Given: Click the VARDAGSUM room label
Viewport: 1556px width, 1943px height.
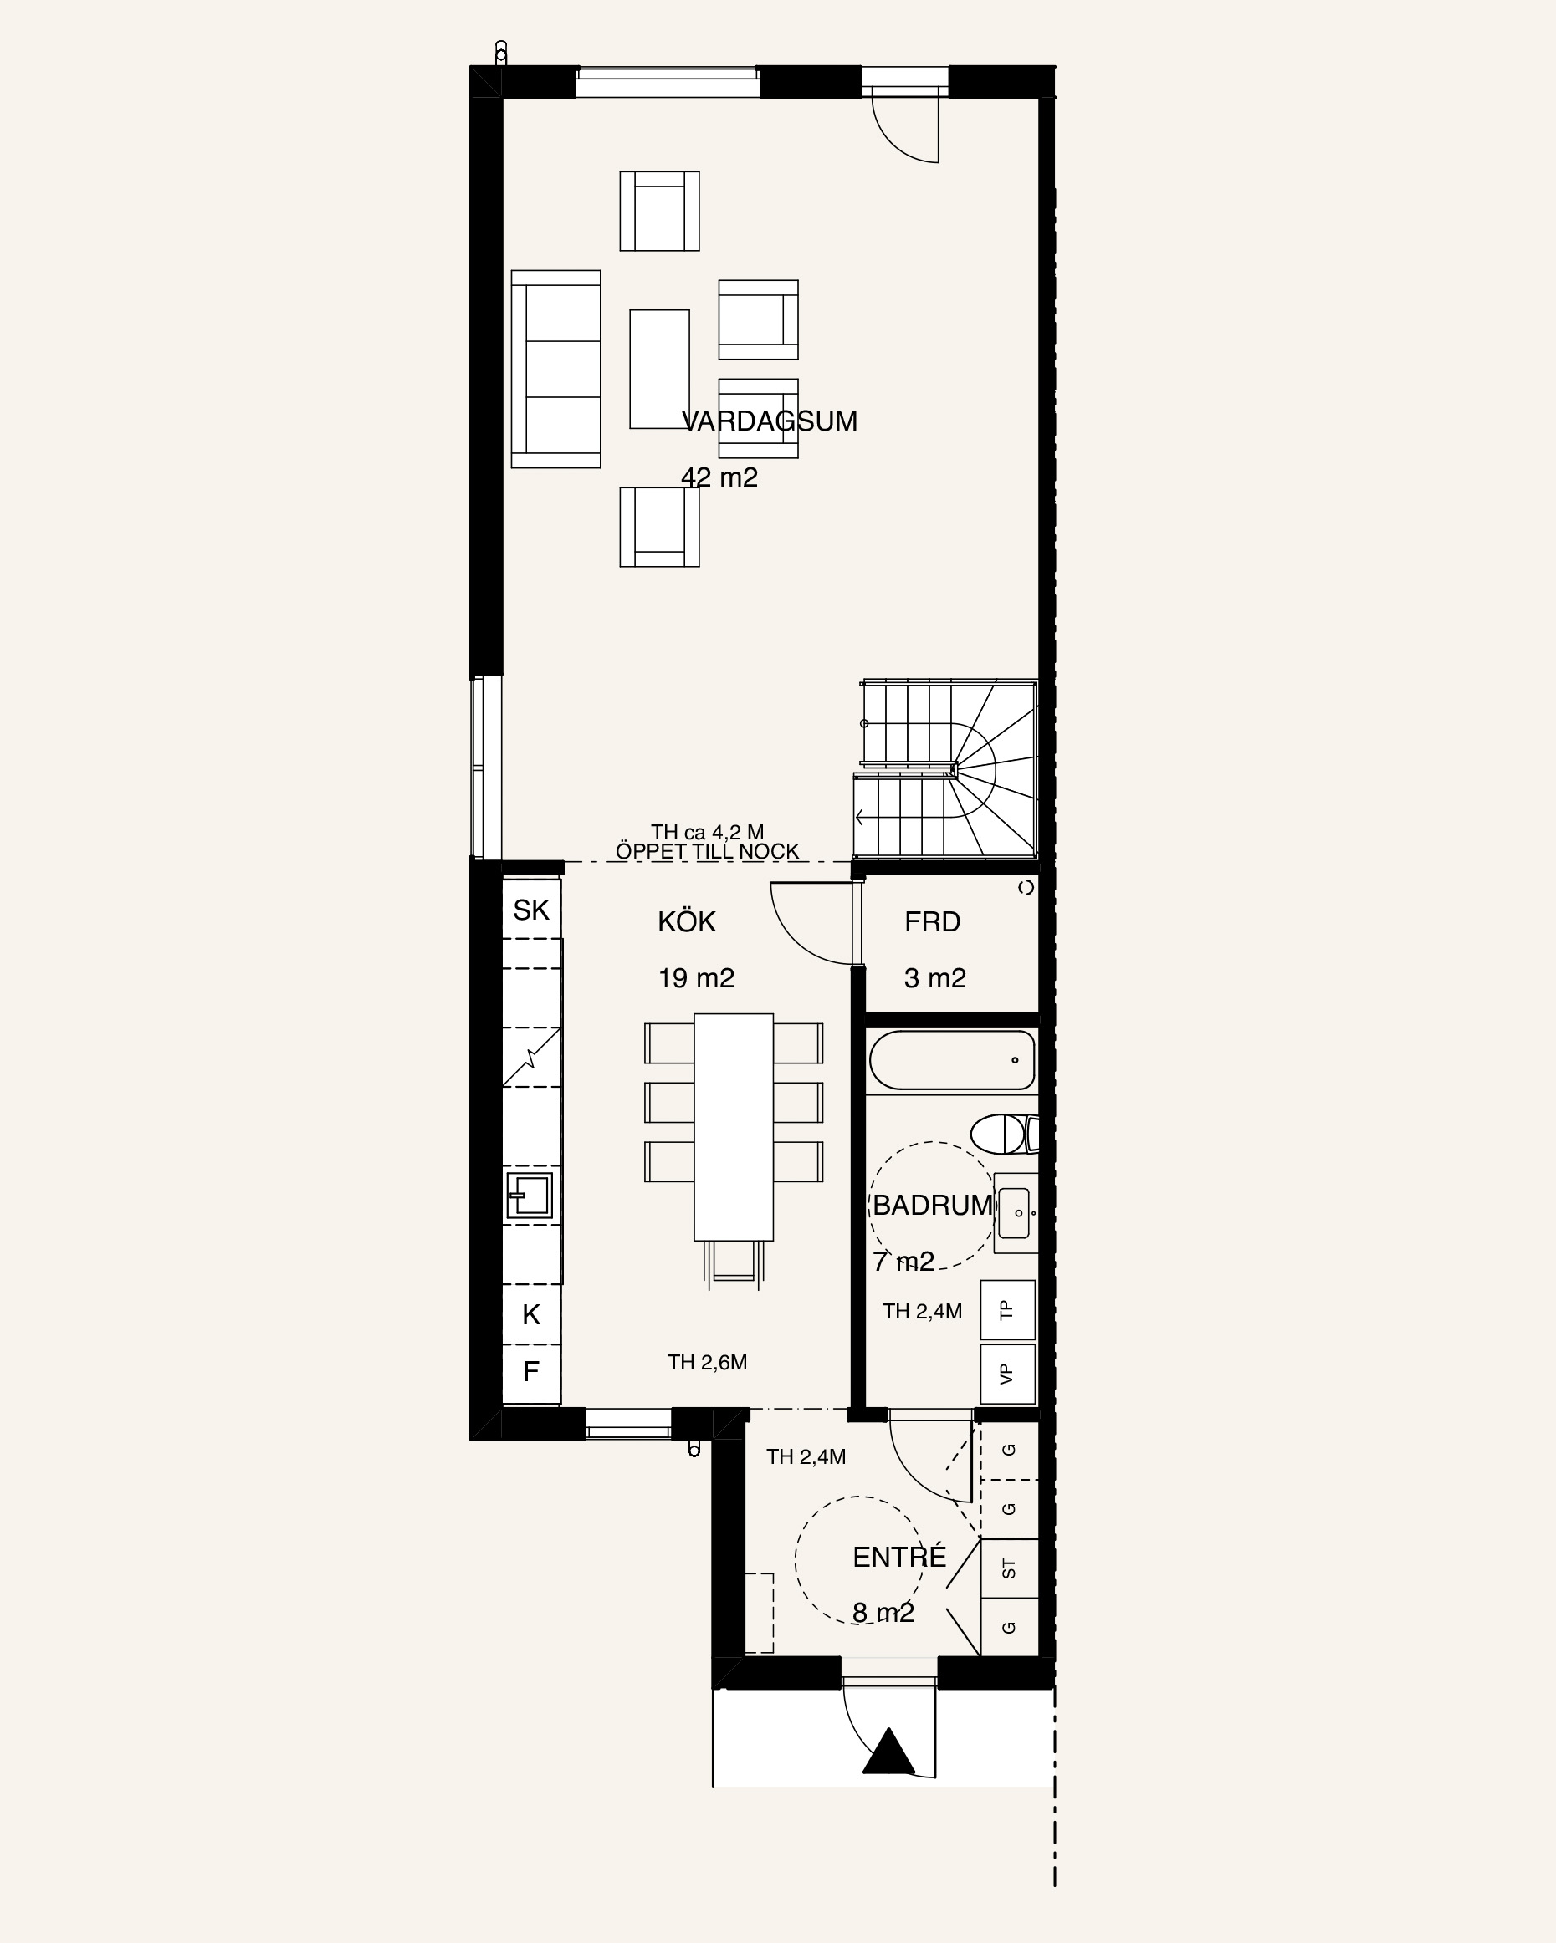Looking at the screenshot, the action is [769, 421].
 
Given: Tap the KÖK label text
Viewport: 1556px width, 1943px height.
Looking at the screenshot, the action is [687, 921].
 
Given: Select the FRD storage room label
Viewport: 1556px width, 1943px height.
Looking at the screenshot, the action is [932, 922].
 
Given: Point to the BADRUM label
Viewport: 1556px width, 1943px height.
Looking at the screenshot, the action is [932, 1205].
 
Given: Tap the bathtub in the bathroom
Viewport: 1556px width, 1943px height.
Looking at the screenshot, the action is [952, 1060].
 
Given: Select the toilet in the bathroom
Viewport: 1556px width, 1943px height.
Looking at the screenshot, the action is [1004, 1134].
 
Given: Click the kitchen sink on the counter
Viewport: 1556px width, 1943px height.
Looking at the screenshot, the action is [530, 1196].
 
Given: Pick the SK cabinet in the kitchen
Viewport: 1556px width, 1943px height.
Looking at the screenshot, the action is [531, 910].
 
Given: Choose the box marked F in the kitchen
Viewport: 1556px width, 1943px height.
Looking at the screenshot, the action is [531, 1371].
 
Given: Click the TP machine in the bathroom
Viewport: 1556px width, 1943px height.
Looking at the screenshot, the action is [1007, 1309].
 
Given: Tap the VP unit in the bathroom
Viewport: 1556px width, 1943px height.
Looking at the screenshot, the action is [1007, 1374].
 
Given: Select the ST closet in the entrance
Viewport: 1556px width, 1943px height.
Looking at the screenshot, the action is [1009, 1569].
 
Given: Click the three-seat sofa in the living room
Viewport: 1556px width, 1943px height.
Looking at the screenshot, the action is [555, 369].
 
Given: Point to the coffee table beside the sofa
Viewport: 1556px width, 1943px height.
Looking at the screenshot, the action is [659, 369].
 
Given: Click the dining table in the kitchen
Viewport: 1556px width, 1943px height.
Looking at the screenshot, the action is [734, 1126].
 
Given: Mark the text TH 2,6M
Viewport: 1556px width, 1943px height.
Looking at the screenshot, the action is [708, 1362].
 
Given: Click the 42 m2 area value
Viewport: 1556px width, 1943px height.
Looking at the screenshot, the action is [719, 477].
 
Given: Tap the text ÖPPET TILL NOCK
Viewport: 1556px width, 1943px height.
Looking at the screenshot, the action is [708, 851].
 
